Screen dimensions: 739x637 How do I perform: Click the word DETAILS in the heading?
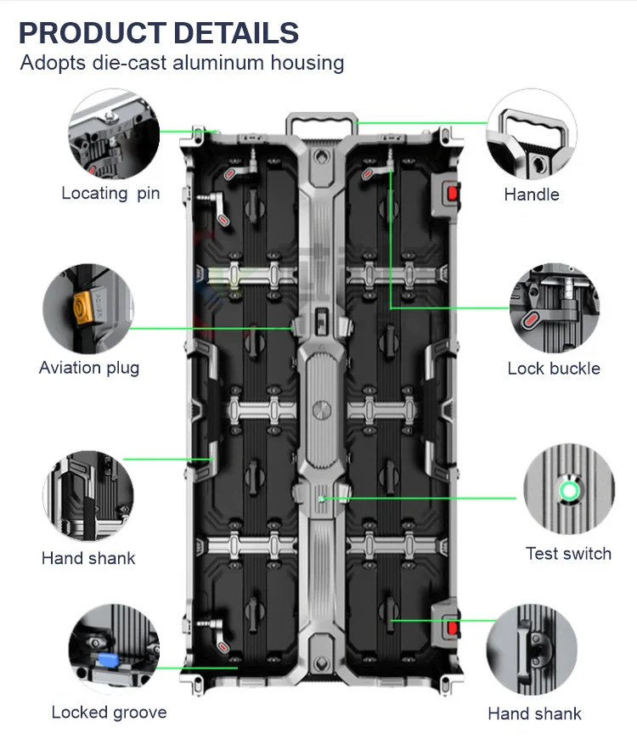point(235,33)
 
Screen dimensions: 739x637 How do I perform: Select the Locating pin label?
point(110,193)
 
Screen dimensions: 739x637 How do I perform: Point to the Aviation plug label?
point(89,368)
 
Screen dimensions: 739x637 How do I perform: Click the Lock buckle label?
point(554,368)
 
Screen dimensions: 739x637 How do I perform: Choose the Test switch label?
point(568,554)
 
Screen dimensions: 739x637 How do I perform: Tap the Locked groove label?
point(109,712)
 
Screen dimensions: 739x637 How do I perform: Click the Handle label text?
point(532,195)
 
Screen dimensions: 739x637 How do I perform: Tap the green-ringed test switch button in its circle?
point(567,490)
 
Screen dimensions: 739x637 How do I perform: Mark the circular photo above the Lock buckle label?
point(554,306)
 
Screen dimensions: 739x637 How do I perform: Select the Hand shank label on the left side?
point(88,558)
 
